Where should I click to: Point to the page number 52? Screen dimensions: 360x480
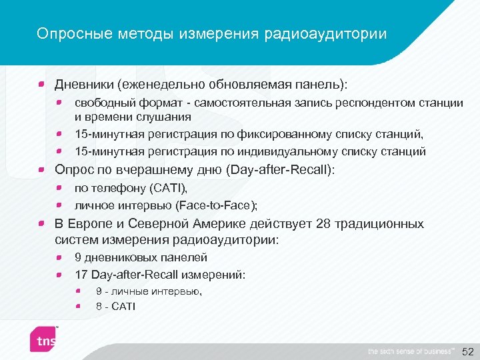[468, 351]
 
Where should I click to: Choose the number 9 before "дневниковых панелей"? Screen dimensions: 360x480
[78, 257]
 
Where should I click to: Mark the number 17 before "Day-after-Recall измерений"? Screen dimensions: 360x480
[81, 274]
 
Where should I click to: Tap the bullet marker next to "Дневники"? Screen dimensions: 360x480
[41, 85]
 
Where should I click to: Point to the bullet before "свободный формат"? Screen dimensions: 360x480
[59, 103]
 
